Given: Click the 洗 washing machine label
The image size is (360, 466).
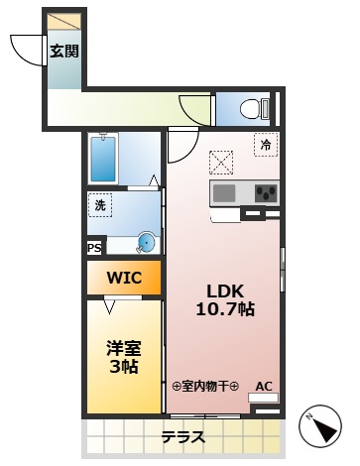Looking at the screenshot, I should coord(100,205).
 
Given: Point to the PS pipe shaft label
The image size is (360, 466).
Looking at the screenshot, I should coord(94,249).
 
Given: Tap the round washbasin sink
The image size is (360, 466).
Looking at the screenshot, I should coord(146,241).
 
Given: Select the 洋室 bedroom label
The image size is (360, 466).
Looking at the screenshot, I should coord(122,348).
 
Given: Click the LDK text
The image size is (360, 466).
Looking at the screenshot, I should coord(224,291).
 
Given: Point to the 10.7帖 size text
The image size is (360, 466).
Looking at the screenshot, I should coord(226,309).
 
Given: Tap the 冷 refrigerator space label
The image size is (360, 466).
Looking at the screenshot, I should coord(265,145).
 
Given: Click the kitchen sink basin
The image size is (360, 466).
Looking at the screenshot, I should coord(224,191).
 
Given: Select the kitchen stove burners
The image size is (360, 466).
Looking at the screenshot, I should coord(265,192).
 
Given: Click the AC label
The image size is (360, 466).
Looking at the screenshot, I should coord(265,387).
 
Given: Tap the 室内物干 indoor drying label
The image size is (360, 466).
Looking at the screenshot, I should coord(206,387).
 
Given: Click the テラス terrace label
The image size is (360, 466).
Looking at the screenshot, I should coord(182,437).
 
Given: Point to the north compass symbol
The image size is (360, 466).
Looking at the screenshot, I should coord(322,427).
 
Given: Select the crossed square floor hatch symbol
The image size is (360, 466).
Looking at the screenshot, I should coord(220,161).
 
